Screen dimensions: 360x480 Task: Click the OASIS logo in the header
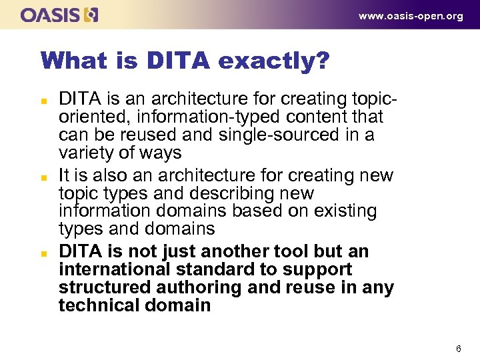coord(59,15)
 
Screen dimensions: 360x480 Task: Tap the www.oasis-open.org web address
coord(411,16)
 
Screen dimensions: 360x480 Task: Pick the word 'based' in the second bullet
coord(251,211)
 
